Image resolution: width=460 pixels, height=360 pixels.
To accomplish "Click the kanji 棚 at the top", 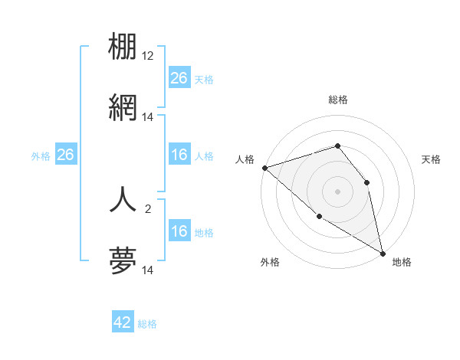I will point(123,47).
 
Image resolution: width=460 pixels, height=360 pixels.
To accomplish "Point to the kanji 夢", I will point(123,262).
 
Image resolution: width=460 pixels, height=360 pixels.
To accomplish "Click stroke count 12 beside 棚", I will point(148,56).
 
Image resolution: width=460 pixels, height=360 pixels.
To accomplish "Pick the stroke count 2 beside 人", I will point(148,207).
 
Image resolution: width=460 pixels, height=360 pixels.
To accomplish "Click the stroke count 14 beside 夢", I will point(148,270).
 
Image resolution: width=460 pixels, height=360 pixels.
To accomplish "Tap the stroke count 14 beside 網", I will point(148,118).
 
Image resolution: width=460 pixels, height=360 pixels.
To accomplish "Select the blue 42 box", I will point(123,322).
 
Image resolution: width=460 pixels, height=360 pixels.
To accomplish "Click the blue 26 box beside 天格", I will point(179,77).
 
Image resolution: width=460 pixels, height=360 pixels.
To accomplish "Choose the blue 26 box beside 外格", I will point(65,155).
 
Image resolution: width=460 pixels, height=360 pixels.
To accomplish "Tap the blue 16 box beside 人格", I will point(179,155).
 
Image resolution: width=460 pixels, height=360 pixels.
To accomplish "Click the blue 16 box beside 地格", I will point(179,231).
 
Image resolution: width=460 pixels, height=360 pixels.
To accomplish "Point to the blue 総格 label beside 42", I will point(147,324).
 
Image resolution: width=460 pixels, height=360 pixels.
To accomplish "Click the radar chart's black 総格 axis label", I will point(337,100).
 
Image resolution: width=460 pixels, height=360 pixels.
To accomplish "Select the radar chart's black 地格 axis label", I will point(402,262).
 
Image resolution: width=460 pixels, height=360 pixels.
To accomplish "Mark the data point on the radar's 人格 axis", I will point(264,168).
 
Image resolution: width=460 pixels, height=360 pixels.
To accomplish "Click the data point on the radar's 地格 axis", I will point(382,252).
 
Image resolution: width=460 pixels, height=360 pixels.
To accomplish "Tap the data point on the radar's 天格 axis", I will point(366,182).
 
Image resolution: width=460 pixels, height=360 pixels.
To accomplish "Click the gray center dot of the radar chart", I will point(337,191).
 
